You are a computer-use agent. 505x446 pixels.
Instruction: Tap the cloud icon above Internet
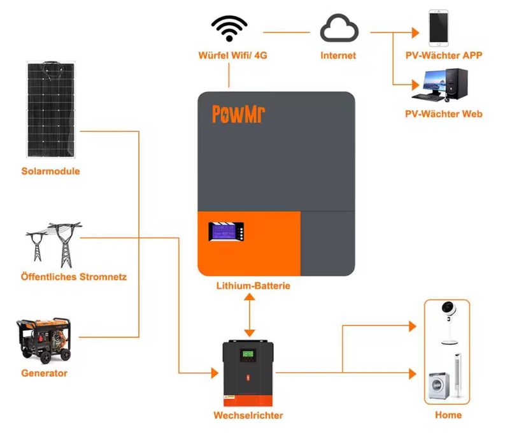click(x=338, y=29)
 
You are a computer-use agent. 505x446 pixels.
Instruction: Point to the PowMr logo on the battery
click(x=239, y=114)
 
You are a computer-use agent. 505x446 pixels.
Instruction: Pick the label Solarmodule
click(x=50, y=171)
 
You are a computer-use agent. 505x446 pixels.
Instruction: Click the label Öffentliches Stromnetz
click(x=73, y=277)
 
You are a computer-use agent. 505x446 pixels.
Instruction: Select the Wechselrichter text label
click(x=248, y=415)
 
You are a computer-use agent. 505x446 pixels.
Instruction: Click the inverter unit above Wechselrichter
click(x=249, y=373)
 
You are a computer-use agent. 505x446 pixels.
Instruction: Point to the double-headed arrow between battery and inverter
click(x=249, y=315)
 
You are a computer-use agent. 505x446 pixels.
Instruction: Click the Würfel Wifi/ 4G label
click(x=232, y=55)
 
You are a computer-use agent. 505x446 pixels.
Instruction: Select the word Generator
click(x=44, y=373)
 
